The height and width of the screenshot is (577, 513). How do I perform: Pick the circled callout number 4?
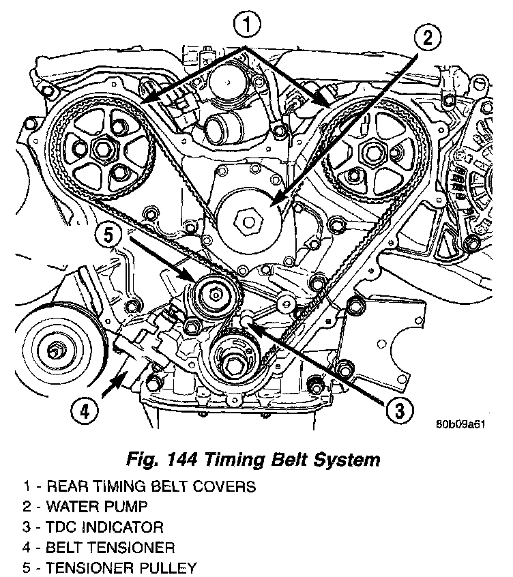83,410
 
